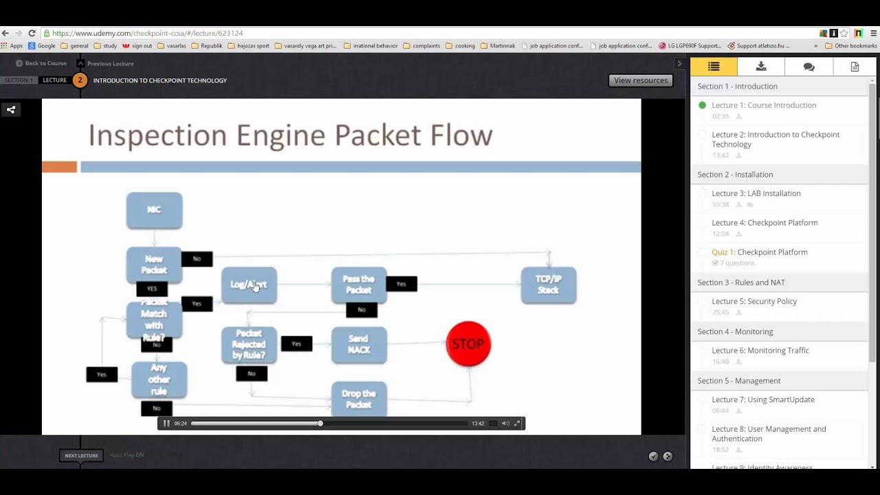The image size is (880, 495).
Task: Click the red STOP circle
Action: pos(468,344)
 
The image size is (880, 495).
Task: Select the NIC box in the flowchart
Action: pos(154,210)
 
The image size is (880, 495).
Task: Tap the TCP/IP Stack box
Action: pos(549,285)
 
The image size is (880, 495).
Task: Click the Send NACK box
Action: pos(359,344)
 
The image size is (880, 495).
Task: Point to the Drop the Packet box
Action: pos(359,399)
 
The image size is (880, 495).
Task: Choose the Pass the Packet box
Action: pos(359,285)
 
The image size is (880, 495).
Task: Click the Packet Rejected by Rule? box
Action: pos(249,344)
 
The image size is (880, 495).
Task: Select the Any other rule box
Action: pos(159,380)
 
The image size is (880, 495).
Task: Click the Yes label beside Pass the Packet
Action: pos(401,284)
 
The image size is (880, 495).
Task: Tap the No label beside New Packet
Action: pos(197,258)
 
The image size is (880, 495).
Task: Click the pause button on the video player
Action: pos(166,423)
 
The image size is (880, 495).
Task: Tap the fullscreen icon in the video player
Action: pos(518,423)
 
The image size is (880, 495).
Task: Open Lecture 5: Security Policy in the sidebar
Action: pos(754,301)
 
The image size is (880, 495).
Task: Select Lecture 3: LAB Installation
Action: pos(756,193)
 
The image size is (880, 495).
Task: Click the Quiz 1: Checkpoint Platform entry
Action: pos(760,252)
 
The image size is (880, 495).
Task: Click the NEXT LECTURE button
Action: pos(81,455)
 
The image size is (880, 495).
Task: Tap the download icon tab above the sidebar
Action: pos(761,67)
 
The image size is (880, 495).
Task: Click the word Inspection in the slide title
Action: pos(157,135)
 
